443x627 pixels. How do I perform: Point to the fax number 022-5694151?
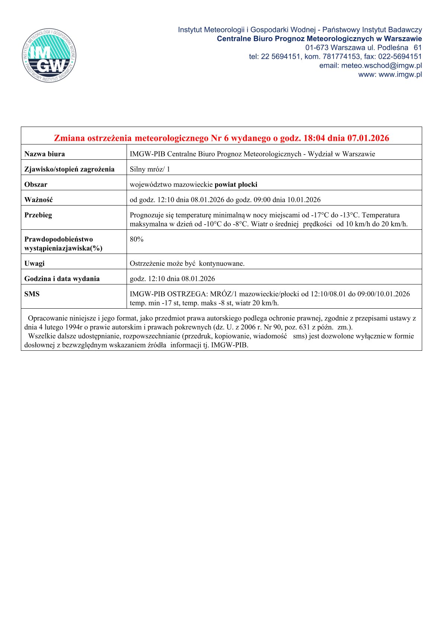coord(400,57)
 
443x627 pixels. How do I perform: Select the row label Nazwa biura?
coord(45,154)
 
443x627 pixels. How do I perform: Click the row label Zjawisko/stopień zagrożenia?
coord(69,169)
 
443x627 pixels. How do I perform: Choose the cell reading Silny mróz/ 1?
coord(150,169)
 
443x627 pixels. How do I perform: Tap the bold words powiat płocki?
coord(236,185)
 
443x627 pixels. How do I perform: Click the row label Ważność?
coord(39,200)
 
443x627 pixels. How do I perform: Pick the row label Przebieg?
coord(38,215)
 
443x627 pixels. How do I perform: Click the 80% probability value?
coord(137,239)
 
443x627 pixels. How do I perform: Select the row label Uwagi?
coord(35,264)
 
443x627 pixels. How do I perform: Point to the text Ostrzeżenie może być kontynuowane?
coord(187,264)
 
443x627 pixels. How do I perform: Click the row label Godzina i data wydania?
coord(62,279)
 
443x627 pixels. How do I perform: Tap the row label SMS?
coord(32,294)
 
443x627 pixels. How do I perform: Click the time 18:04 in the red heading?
coord(314,138)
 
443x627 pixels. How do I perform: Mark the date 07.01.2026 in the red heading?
coord(368,138)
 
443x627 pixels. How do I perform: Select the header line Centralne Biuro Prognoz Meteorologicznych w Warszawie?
coord(319,39)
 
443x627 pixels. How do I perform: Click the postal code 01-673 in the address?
coord(316,48)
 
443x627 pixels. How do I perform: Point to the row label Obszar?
coord(36,185)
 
